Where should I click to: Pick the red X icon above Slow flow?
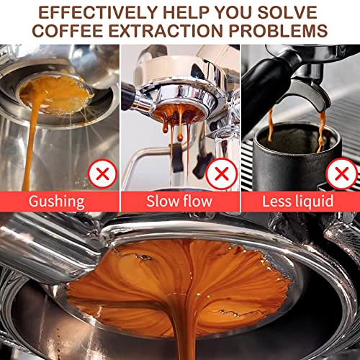click(221, 173)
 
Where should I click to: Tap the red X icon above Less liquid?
click(340, 173)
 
